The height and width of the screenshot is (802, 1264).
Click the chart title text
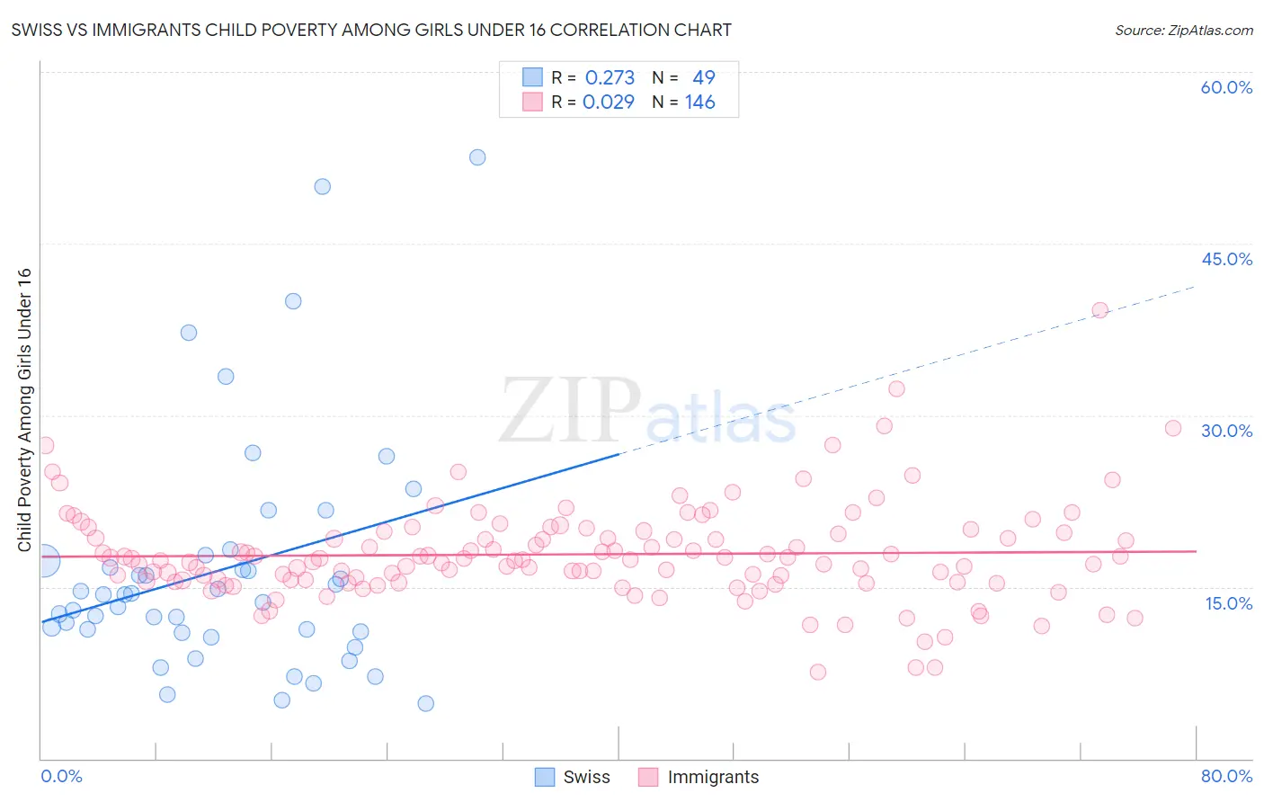(371, 30)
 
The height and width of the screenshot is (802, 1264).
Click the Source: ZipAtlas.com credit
(1183, 30)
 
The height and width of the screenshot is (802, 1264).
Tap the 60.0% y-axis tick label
(1226, 87)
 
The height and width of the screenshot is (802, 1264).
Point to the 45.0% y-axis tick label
(1226, 259)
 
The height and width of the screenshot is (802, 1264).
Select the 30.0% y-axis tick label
(1226, 431)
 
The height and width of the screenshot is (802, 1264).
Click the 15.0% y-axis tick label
(1228, 603)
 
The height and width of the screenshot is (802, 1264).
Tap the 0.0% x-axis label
(61, 776)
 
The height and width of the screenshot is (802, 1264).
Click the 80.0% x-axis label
(1226, 776)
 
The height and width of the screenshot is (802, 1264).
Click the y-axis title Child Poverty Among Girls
(24, 410)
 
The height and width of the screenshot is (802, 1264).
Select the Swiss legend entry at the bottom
(573, 777)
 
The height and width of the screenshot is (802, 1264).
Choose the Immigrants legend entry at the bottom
(699, 777)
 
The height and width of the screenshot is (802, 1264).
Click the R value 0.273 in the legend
(610, 78)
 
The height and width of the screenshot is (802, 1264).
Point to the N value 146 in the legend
(699, 102)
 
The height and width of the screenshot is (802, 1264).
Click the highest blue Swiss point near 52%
(477, 157)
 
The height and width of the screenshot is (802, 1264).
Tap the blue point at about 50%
(322, 187)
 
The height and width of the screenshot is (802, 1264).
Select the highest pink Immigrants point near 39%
(1099, 310)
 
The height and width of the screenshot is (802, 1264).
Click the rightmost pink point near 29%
(1172, 428)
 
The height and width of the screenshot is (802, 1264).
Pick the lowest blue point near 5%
(426, 703)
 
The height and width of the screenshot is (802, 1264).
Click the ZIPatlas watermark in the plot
(647, 412)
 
